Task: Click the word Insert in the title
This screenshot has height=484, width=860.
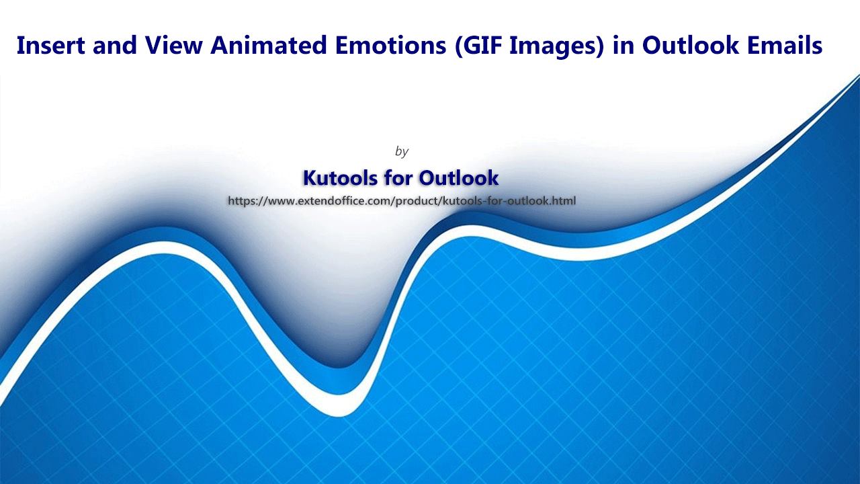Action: pos(50,45)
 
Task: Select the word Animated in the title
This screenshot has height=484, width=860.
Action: pos(268,45)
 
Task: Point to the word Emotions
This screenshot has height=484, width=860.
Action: pos(390,45)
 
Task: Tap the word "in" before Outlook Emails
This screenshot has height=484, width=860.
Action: pos(623,45)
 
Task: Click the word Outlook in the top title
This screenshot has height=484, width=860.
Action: pos(690,45)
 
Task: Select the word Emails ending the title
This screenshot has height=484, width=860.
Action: pos(784,45)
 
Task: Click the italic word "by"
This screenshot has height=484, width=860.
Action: pos(402,151)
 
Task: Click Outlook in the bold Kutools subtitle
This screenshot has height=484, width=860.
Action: pos(458,177)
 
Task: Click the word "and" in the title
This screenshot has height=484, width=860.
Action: pos(114,45)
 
